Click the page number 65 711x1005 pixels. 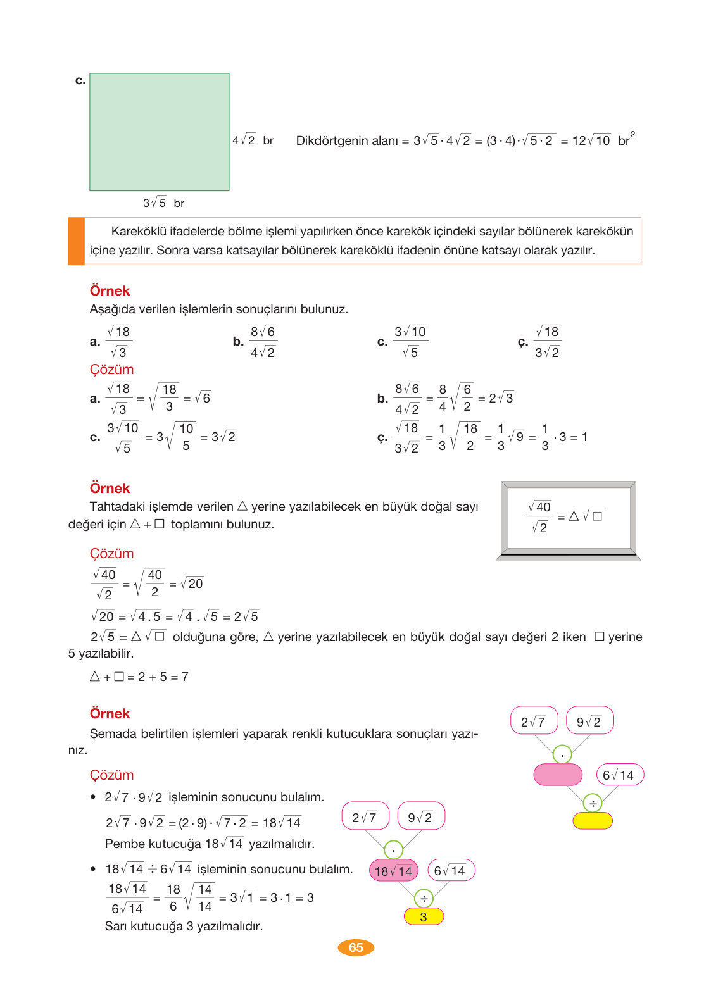pos(356,947)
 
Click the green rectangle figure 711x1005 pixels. pos(160,132)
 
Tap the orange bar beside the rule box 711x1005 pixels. pos(76,240)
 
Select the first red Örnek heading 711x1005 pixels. pos(110,290)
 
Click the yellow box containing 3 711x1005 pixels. pos(424,916)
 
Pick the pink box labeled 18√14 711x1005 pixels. pos(393,871)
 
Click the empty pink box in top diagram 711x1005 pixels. pos(557,775)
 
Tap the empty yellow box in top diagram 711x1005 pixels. pos(592,821)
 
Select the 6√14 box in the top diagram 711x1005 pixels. pos(619,775)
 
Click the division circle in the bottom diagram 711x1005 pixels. pos(424,898)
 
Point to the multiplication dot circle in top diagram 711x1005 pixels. pos(562,754)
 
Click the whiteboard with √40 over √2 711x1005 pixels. pos(568,518)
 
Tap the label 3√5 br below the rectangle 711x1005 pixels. pos(163,203)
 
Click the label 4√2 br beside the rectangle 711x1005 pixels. pos(253,140)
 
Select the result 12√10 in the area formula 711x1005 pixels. pos(591,140)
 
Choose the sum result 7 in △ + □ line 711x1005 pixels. pos(185,677)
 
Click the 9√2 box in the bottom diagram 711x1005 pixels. pos(420,817)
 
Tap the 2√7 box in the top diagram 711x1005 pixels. pos(534,721)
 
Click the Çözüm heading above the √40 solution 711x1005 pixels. pos(111,553)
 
